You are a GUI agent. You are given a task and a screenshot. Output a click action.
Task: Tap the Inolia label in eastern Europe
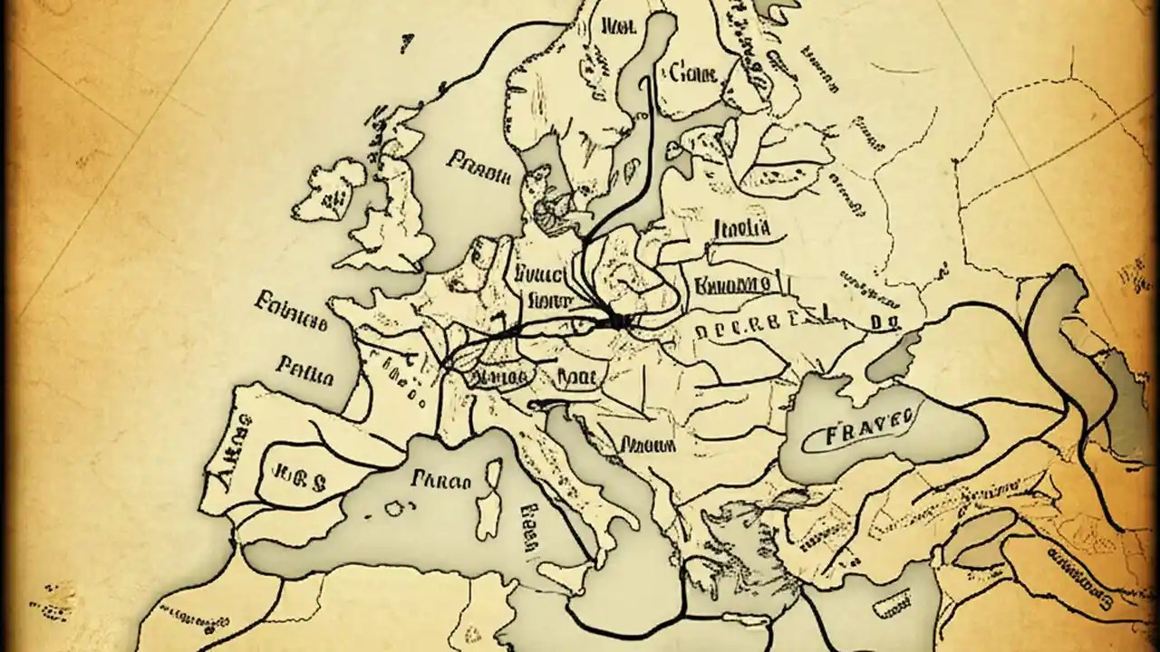[741, 227]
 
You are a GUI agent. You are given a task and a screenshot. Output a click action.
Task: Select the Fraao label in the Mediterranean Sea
[440, 480]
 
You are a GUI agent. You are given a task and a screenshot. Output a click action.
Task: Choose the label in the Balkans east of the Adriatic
[649, 446]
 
